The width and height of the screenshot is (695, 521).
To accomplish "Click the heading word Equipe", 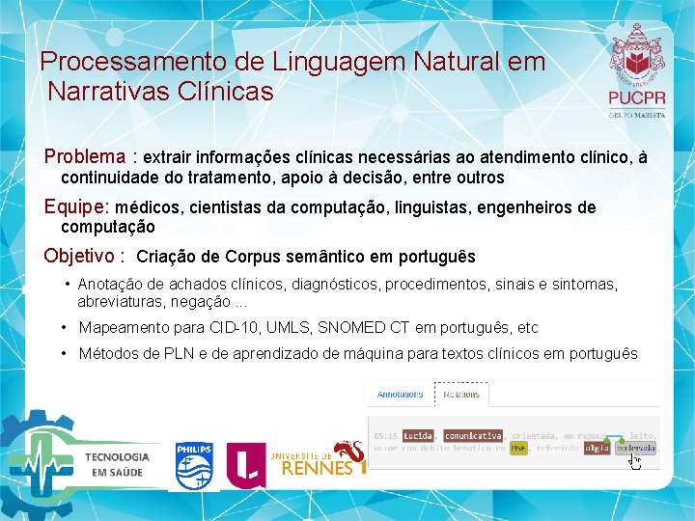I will coord(77,206).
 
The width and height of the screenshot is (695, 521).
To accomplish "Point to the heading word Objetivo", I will coord(83,257).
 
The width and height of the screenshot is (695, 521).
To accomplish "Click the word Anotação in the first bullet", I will coord(109,284).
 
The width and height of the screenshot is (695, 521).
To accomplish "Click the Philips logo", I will coord(193,466).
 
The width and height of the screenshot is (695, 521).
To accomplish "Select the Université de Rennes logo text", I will coord(311,463).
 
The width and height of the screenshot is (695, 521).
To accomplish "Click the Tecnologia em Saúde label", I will coord(117,464).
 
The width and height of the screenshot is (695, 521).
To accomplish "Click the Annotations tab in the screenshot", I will coord(400,395).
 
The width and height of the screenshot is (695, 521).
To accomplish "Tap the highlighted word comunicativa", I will coord(473,435).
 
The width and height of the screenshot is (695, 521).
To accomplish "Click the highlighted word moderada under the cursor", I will coord(635,448).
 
